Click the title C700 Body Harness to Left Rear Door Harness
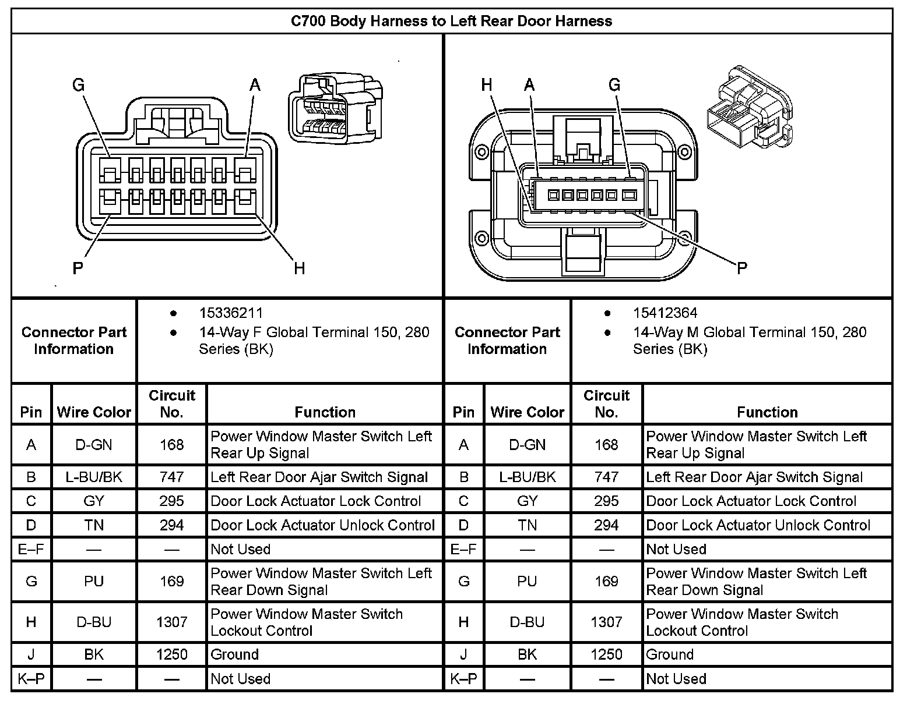coord(451,22)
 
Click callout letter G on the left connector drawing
coord(78,86)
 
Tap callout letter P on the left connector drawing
coord(78,268)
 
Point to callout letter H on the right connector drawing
coord(487,86)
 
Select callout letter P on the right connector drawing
coord(741,268)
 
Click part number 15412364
coord(665,313)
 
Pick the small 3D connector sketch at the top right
coord(748,107)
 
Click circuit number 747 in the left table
coord(171,477)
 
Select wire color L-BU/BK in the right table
coord(527,477)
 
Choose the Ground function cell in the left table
coord(234,654)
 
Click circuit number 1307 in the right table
coord(606,622)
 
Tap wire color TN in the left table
coord(94,525)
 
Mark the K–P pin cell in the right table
coord(463,679)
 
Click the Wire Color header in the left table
coord(94,412)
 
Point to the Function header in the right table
coord(767,412)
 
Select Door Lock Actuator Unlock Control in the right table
coord(758,525)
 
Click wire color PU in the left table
coord(94,581)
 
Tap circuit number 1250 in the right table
coord(606,654)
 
